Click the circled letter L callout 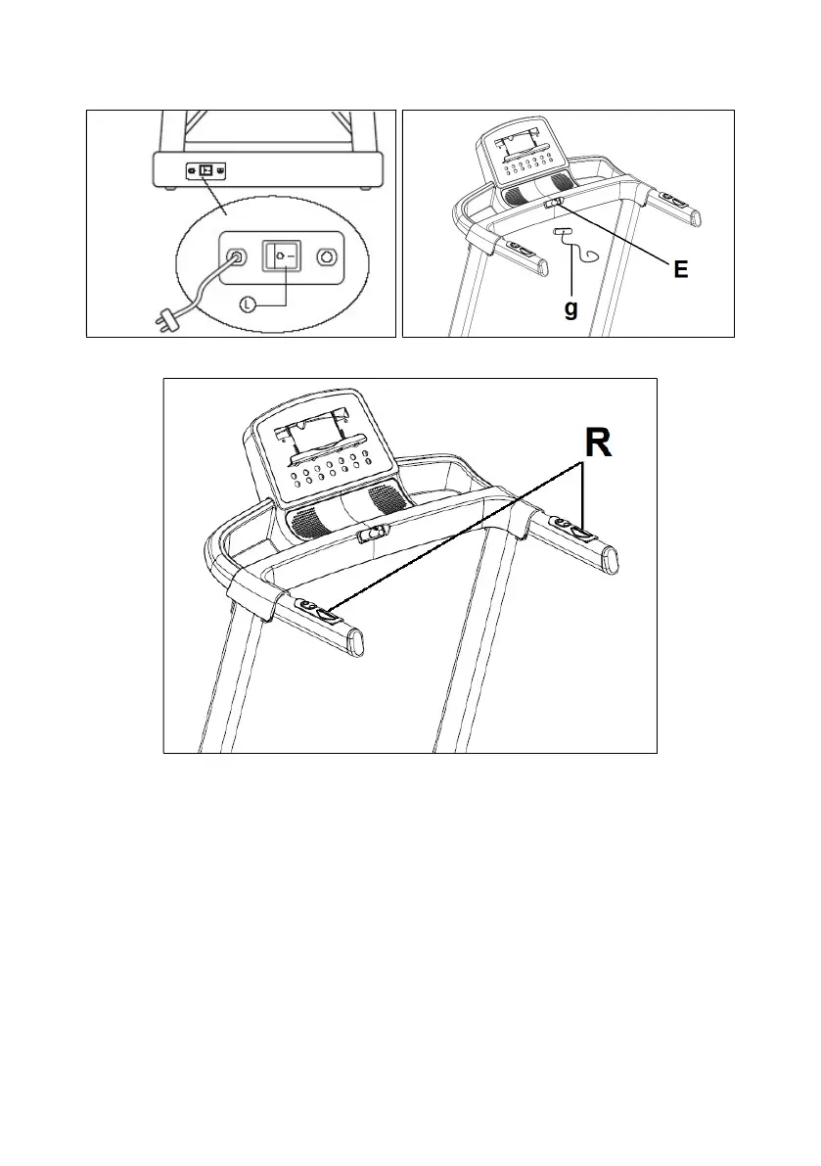click(x=248, y=303)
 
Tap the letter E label click(x=680, y=269)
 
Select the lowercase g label click(x=570, y=307)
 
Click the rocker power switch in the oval click(x=280, y=256)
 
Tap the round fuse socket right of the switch click(x=326, y=257)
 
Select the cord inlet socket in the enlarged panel click(x=236, y=257)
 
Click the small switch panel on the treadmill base click(x=205, y=170)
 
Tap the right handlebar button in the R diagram click(x=580, y=533)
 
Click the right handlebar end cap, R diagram click(x=610, y=560)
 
